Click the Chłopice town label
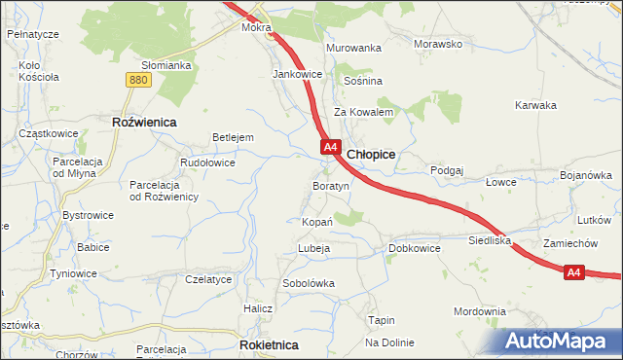[370, 154]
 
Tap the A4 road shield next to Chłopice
[330, 147]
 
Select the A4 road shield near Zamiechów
[574, 273]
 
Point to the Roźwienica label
[143, 122]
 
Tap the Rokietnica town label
[268, 344]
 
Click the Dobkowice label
[415, 248]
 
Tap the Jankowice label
[298, 74]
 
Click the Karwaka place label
[535, 105]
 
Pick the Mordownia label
[480, 311]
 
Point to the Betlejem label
[234, 137]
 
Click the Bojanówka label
[585, 175]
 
